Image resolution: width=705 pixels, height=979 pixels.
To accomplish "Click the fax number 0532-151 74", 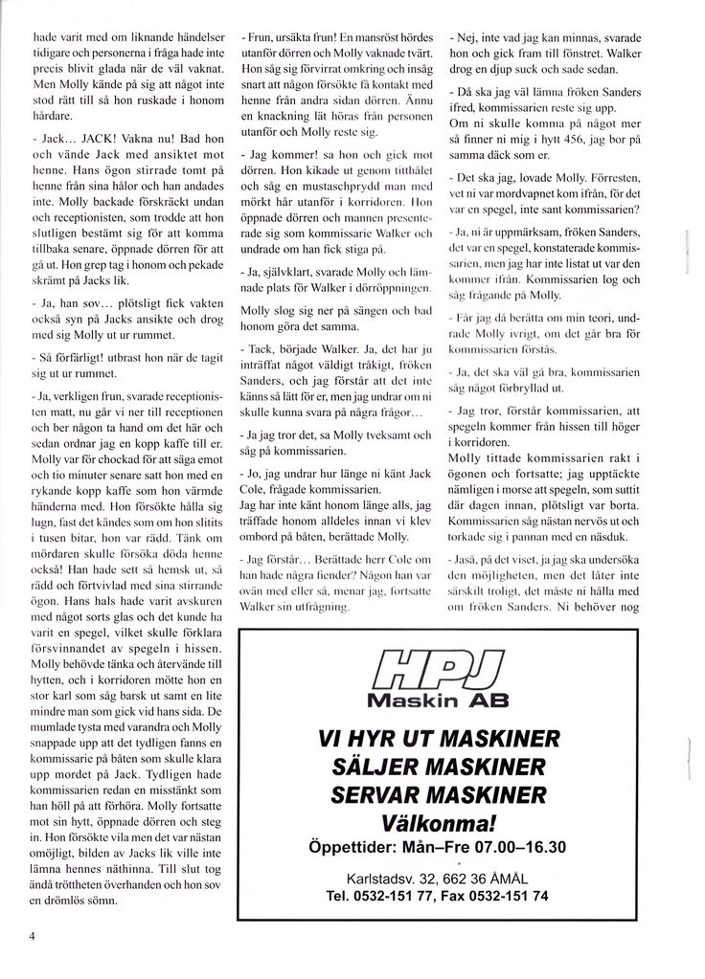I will pyautogui.click(x=510, y=897).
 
